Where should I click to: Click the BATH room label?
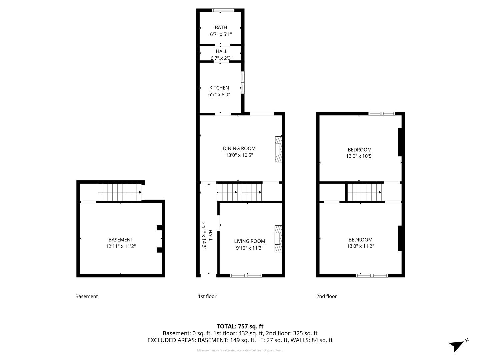click(x=221, y=27)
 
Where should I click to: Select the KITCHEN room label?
click(x=219, y=88)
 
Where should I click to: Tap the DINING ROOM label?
click(x=239, y=148)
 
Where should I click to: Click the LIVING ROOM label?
click(x=249, y=241)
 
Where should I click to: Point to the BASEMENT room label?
click(x=121, y=240)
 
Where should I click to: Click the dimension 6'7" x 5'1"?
click(x=221, y=34)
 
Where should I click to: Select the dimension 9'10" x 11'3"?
click(x=249, y=248)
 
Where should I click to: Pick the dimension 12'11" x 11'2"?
click(x=121, y=246)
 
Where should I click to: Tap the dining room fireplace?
click(x=278, y=149)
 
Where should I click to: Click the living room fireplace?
click(x=278, y=239)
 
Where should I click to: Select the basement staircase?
click(x=119, y=192)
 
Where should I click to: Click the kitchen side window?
click(x=243, y=82)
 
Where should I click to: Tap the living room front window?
click(x=246, y=275)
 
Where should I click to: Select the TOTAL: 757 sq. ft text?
click(x=240, y=326)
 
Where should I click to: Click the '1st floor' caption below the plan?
click(x=207, y=296)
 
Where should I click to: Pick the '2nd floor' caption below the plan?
click(x=326, y=296)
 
